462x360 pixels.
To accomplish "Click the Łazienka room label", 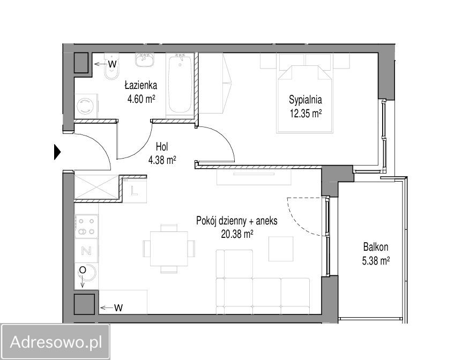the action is pos(140,85).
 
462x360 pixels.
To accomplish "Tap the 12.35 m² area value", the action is pos(305,114).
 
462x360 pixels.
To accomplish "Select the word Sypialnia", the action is pos(305,100).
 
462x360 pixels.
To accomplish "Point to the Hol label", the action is pos(162,146).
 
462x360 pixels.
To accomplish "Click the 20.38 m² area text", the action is pos(237,234).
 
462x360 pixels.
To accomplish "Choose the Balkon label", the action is pos(376,246).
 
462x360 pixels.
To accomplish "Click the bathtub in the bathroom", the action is pos(180,85).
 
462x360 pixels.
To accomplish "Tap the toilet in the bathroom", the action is pos(111,66).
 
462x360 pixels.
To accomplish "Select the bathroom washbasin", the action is pos(144,60).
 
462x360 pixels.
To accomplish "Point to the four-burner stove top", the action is pos(86,226).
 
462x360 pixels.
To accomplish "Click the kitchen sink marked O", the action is pos(86,274).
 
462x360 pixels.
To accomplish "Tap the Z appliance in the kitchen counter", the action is pos(86,251).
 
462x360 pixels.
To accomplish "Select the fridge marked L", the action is pos(135,191).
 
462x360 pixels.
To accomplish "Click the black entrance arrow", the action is pos(57,152).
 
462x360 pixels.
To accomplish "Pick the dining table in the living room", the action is pos(169,249).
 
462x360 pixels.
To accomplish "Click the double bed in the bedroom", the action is pos(304,99).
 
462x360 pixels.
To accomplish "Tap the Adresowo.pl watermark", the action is pos(56,342).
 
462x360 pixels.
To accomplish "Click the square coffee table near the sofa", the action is pos(281,249).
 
